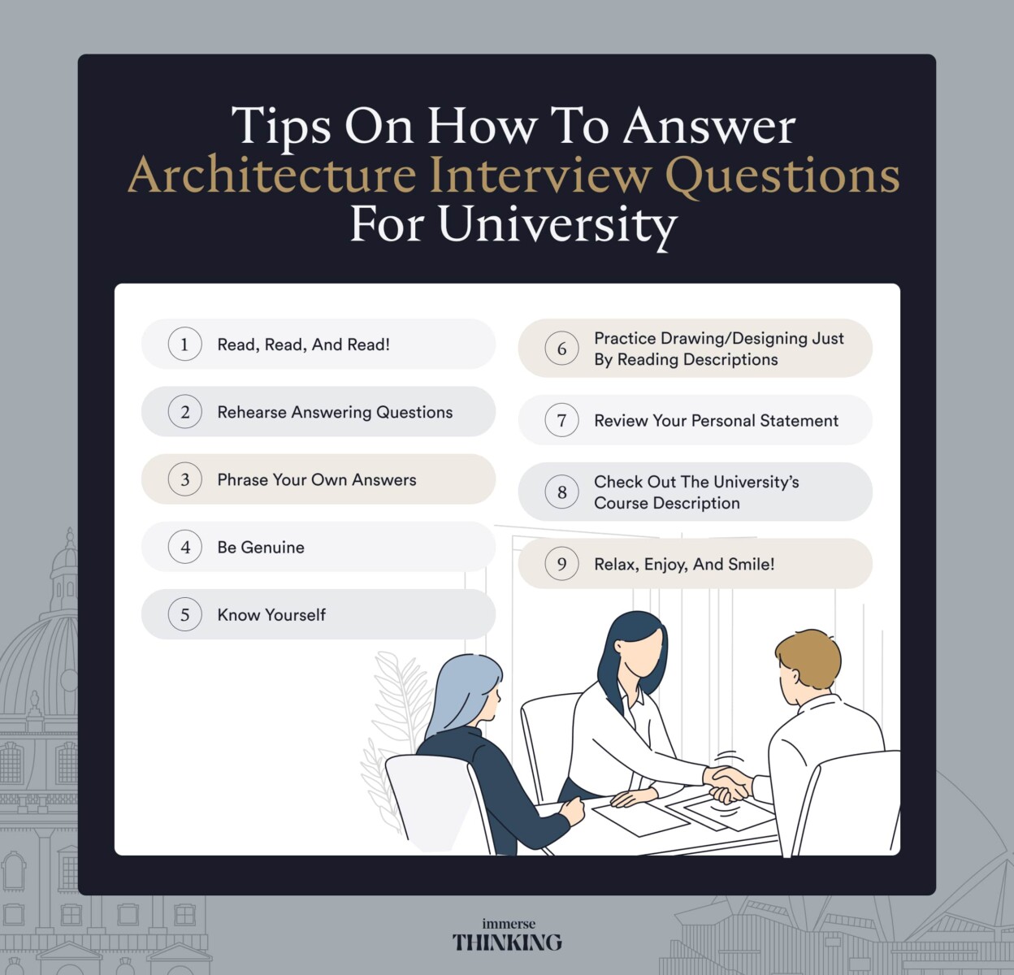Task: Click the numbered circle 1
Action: (184, 344)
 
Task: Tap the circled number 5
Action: (184, 615)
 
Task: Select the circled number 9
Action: (561, 564)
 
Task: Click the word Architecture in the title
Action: (271, 175)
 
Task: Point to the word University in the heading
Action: (557, 224)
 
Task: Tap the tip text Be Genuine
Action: (261, 548)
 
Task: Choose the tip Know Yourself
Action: (271, 615)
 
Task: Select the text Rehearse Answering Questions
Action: (335, 412)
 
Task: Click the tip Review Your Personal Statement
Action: (716, 421)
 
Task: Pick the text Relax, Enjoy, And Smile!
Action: (684, 564)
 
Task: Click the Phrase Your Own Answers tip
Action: (317, 480)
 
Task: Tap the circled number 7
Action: (561, 421)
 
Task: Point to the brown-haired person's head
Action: (807, 662)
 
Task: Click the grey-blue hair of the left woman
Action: (463, 691)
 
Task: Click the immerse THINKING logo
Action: (507, 936)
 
